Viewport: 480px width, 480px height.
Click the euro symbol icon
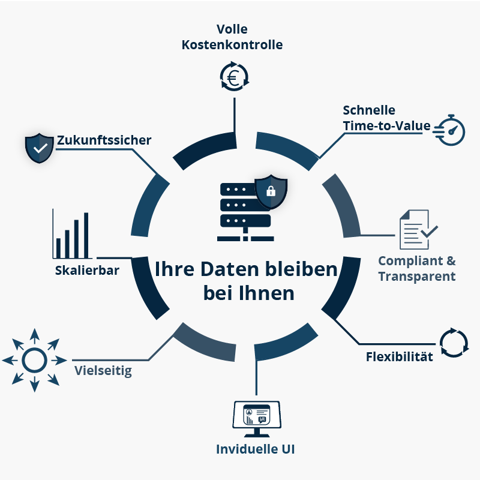point(234,76)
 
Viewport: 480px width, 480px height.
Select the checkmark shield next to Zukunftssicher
point(40,148)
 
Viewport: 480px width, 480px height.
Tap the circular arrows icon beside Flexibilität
point(454,342)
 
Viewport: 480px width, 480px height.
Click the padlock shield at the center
point(271,191)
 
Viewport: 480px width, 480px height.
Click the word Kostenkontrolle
point(232,44)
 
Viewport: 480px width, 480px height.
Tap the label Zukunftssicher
point(104,140)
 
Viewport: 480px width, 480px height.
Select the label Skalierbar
point(87,270)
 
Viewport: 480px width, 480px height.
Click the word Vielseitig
point(103,370)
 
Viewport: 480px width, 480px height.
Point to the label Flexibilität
point(400,357)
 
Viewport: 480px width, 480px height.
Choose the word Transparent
point(417,277)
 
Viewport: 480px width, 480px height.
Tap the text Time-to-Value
point(387,126)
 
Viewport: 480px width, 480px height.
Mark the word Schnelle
point(369,110)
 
